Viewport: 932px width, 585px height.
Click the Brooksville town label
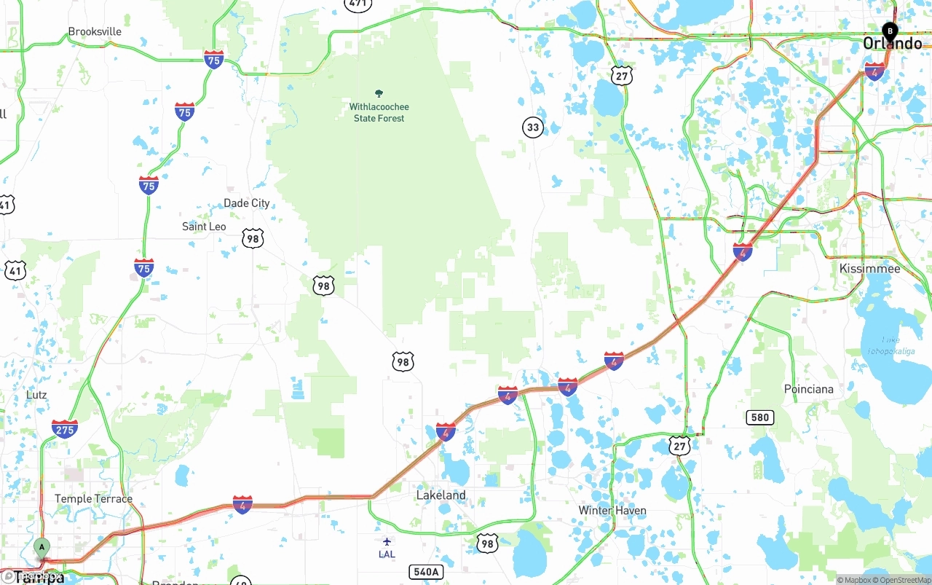[x=95, y=32]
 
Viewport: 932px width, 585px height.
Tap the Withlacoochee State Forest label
[x=379, y=113]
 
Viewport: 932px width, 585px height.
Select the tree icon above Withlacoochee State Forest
[x=379, y=93]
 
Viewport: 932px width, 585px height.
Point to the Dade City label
[x=247, y=203]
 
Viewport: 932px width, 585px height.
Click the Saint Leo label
[x=204, y=227]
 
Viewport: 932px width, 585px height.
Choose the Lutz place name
[x=36, y=395]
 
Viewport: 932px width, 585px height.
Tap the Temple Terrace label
[x=93, y=499]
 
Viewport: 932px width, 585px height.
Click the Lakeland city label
[x=441, y=495]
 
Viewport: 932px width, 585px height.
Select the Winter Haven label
[x=612, y=510]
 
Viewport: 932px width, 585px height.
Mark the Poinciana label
[x=808, y=389]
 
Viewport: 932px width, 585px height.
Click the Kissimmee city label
[x=869, y=269]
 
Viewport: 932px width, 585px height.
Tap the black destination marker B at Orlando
[x=889, y=31]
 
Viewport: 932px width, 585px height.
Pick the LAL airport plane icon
[x=387, y=541]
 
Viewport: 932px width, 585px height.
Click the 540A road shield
[x=426, y=572]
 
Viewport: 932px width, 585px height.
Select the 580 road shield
[x=759, y=417]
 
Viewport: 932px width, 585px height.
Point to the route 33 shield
[x=533, y=127]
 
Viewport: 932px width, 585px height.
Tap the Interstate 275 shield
[x=65, y=428]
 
